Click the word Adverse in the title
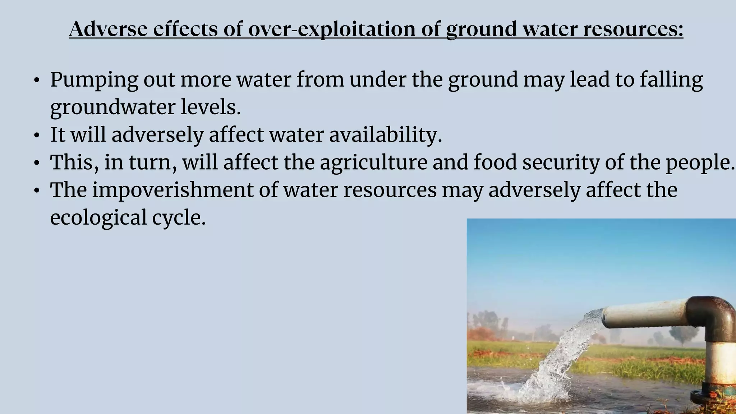[x=108, y=29]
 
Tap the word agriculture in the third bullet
[x=373, y=162]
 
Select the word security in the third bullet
[x=561, y=162]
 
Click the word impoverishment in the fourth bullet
[x=173, y=190]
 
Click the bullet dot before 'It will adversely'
[x=36, y=136]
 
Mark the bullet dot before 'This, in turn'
[x=36, y=164]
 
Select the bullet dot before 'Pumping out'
[x=36, y=80]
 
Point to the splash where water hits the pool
[x=532, y=392]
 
